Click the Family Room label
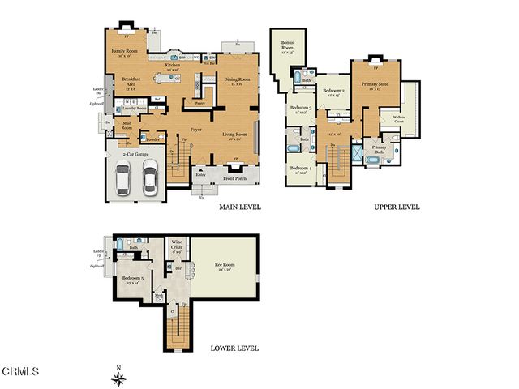click(x=125, y=51)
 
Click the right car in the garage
click(x=149, y=179)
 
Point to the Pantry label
click(x=199, y=103)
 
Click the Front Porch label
click(x=236, y=178)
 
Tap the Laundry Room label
click(x=135, y=107)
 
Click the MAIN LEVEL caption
click(x=239, y=207)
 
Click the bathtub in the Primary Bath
click(x=372, y=162)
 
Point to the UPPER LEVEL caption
click(x=397, y=207)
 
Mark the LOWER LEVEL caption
click(x=234, y=348)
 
